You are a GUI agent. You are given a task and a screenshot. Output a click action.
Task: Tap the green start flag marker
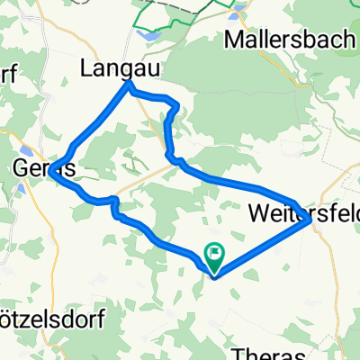tap(216, 256)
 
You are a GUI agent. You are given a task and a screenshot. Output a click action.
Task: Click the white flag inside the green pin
tap(216, 253)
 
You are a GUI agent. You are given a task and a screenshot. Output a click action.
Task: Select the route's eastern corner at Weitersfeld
tap(310, 218)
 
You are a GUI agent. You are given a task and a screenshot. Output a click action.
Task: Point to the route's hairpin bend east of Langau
tap(176, 108)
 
